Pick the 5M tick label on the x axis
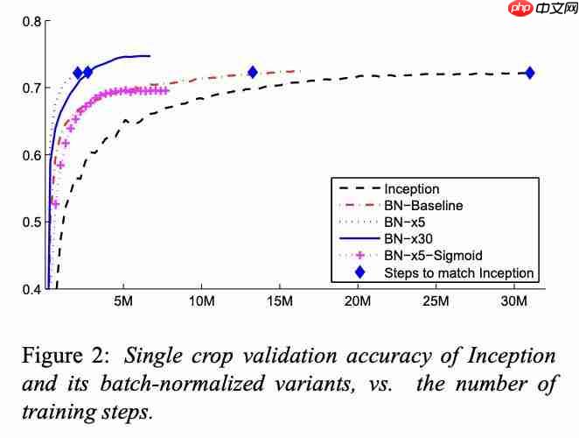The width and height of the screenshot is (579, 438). [123, 303]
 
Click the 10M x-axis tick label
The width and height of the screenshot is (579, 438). [201, 303]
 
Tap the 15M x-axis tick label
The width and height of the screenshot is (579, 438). [279, 303]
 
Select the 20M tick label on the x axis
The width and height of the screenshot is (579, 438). [358, 303]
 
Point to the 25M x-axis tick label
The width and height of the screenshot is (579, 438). [436, 303]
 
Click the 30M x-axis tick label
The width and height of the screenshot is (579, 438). [514, 303]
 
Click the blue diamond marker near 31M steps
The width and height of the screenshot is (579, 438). [528, 74]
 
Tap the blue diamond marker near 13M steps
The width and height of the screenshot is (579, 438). [253, 73]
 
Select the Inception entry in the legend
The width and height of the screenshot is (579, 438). [412, 188]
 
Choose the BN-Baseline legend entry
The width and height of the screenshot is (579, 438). [423, 205]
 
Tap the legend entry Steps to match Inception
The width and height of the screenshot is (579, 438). [458, 272]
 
